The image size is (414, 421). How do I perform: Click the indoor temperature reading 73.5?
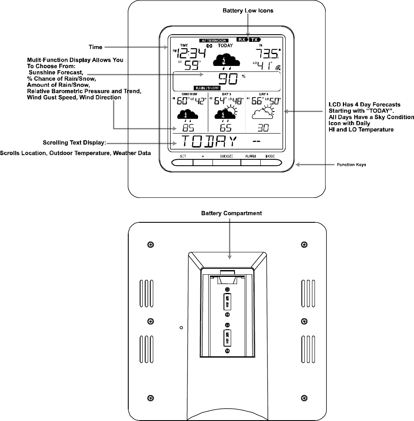coord(267,54)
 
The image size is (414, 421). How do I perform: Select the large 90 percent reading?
coord(229,79)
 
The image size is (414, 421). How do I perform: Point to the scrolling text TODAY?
coord(207,142)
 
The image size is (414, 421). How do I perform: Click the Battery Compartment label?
coord(231,213)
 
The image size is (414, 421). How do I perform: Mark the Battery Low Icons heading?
coord(248,11)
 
